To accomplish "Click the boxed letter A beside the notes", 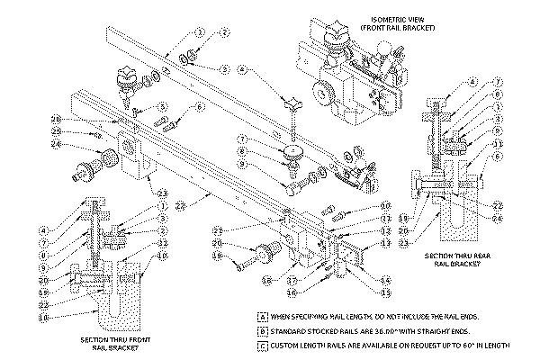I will click(262, 317).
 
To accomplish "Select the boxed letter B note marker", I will click(262, 329).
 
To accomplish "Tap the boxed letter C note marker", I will click(262, 343).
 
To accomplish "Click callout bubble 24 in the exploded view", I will click(56, 144).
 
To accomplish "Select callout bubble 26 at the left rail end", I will click(56, 119).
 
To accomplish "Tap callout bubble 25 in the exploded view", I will click(56, 131).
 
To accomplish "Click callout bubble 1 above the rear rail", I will click(200, 32).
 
